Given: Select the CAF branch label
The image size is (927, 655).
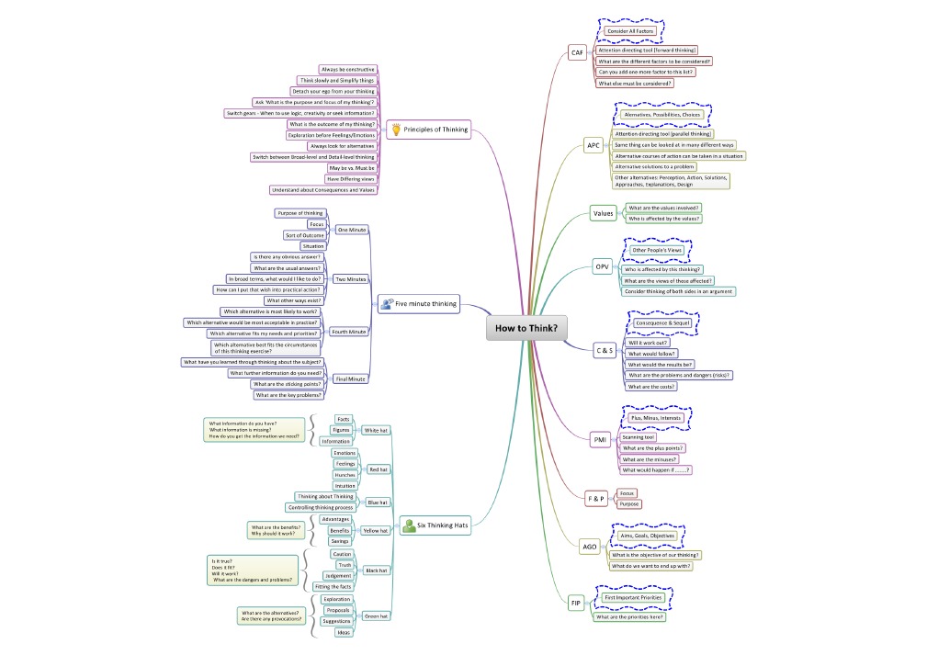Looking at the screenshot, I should click(577, 52).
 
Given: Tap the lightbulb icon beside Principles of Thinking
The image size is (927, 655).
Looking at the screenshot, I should click(394, 130).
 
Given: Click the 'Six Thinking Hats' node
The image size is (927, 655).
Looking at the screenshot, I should click(442, 525).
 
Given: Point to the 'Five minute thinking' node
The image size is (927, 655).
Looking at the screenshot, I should click(424, 303).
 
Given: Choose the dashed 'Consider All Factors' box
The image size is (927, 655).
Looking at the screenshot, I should click(630, 31).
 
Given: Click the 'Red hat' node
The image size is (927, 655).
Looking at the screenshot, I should click(378, 469).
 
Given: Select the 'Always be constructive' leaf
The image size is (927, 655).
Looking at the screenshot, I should click(347, 69).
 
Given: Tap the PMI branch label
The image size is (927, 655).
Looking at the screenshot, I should click(600, 441).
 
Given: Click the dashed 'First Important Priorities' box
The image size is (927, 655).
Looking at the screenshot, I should click(633, 597).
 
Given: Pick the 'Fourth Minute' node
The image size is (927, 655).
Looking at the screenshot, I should click(349, 332).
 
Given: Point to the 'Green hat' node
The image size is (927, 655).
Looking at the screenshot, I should click(376, 615).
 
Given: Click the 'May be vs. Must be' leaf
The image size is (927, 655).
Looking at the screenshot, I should click(351, 168).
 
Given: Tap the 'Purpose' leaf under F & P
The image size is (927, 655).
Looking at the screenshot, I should click(629, 504).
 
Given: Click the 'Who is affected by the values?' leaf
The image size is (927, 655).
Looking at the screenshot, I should click(663, 219).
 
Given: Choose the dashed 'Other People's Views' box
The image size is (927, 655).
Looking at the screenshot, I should click(656, 250).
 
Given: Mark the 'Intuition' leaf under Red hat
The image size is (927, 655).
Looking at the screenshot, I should click(345, 486).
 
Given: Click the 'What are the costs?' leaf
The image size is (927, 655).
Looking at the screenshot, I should click(651, 387).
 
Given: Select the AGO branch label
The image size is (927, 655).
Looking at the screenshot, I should click(590, 547).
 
